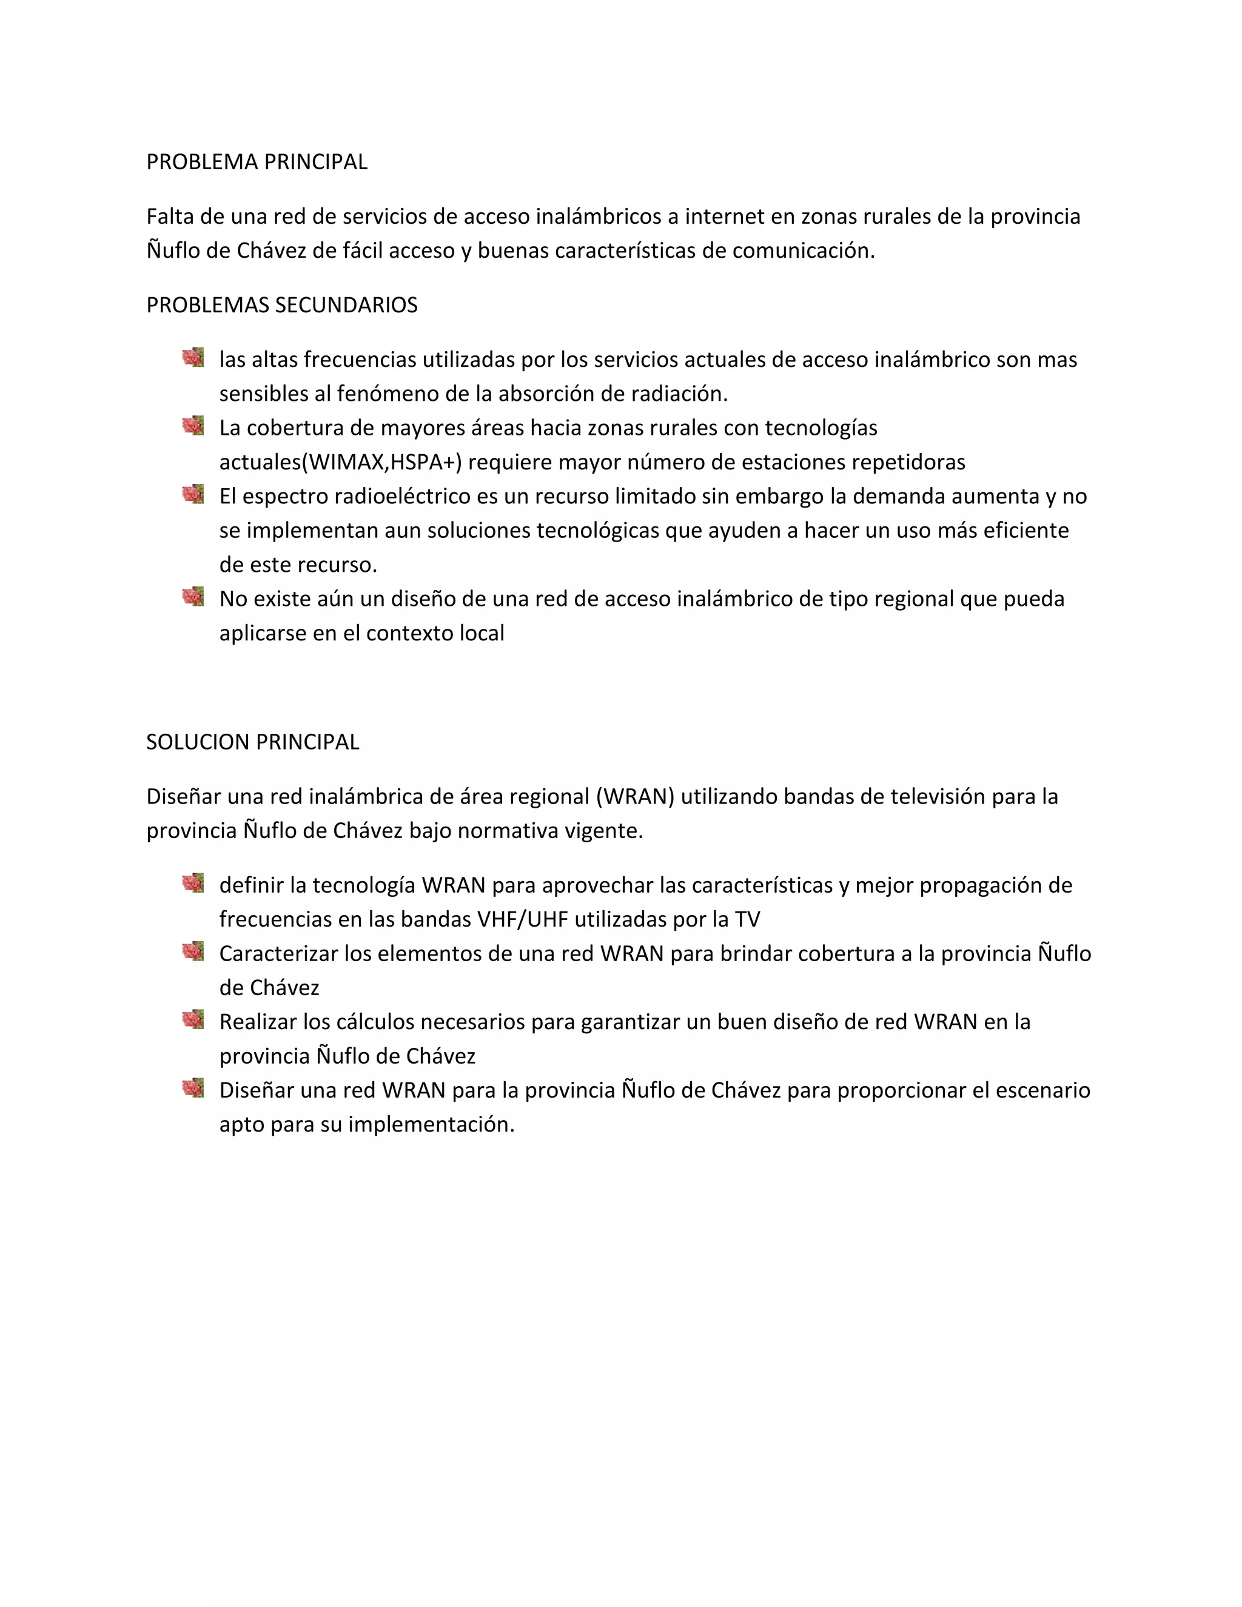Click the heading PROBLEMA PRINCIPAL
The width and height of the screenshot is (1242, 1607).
(257, 162)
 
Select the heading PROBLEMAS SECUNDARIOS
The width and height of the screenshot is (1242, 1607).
(282, 306)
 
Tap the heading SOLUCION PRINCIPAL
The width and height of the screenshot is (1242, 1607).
(252, 742)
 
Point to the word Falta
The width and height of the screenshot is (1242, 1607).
(170, 216)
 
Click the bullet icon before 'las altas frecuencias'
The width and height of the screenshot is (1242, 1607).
(193, 358)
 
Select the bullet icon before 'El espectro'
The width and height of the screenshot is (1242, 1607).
(193, 494)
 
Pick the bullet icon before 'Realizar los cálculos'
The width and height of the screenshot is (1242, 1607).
(193, 1020)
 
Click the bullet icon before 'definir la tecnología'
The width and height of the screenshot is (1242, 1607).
(193, 883)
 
